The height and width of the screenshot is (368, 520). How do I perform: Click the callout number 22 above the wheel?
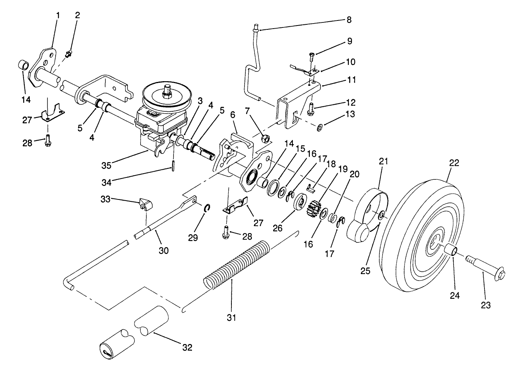(454, 164)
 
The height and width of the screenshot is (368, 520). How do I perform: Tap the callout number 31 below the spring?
(231, 317)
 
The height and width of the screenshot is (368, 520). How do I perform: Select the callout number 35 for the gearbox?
(106, 166)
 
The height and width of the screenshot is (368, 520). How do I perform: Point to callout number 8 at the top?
(349, 20)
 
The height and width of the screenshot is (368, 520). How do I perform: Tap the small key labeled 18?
(311, 188)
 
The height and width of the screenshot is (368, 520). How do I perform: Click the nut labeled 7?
(265, 139)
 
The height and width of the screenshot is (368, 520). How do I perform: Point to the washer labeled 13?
(319, 128)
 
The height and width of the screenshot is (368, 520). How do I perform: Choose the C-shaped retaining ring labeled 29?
(207, 208)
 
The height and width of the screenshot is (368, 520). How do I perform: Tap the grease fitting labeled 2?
(68, 55)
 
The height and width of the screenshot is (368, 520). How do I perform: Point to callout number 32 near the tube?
(187, 348)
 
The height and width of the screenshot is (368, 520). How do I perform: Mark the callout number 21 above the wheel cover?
(383, 162)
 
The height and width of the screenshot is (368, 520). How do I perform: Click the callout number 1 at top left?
(58, 15)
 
